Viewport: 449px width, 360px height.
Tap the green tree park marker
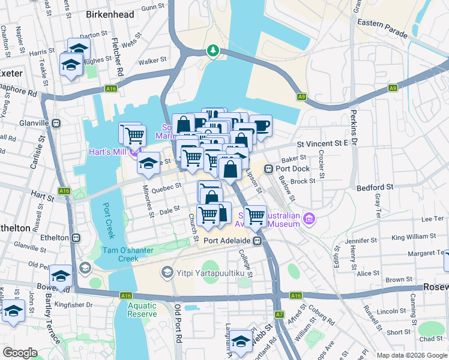tap(212, 51)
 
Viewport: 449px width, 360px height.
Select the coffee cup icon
tap(261, 125)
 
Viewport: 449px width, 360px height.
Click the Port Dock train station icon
tap(268, 169)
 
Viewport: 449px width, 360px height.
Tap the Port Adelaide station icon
tap(257, 241)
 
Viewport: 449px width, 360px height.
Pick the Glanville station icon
tap(56, 124)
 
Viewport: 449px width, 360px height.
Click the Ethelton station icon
tap(75, 238)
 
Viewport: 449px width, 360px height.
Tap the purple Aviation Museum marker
tap(310, 219)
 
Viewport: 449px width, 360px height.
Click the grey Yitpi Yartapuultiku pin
tap(166, 273)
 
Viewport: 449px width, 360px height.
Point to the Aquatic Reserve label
tap(142, 309)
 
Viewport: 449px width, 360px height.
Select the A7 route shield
tap(280, 314)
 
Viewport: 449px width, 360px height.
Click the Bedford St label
tap(375, 187)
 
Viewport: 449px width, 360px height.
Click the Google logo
tap(20, 353)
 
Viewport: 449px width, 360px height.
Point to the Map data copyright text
tap(411, 355)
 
